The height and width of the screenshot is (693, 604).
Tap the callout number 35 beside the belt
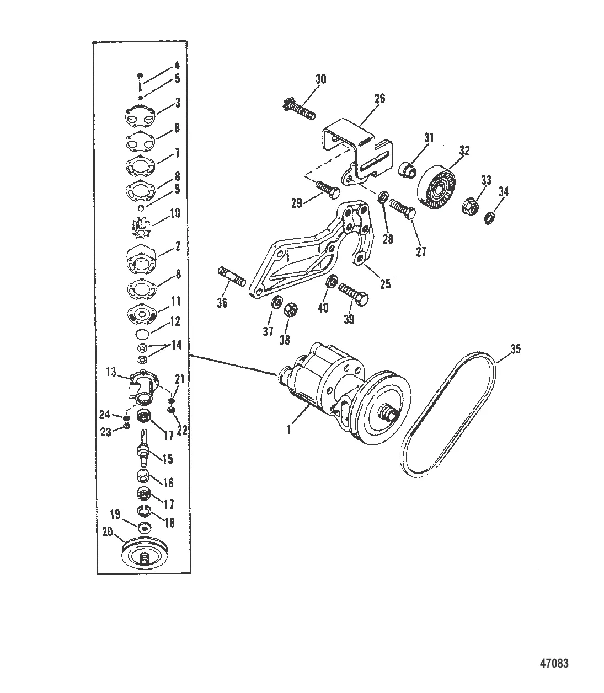pyautogui.click(x=515, y=349)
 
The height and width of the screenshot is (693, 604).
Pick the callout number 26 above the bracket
pyautogui.click(x=379, y=99)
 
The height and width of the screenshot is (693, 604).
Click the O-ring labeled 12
pyautogui.click(x=143, y=334)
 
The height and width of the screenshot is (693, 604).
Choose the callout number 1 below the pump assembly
pyautogui.click(x=288, y=431)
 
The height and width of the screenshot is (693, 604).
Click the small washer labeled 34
pyautogui.click(x=489, y=219)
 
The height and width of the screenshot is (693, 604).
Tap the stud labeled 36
pyautogui.click(x=231, y=276)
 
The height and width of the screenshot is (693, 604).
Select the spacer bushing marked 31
pyautogui.click(x=407, y=169)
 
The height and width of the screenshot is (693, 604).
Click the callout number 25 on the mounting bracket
pyautogui.click(x=385, y=284)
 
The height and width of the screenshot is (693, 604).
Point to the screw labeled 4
pyautogui.click(x=140, y=82)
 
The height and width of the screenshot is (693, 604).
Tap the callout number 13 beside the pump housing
pyautogui.click(x=111, y=372)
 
